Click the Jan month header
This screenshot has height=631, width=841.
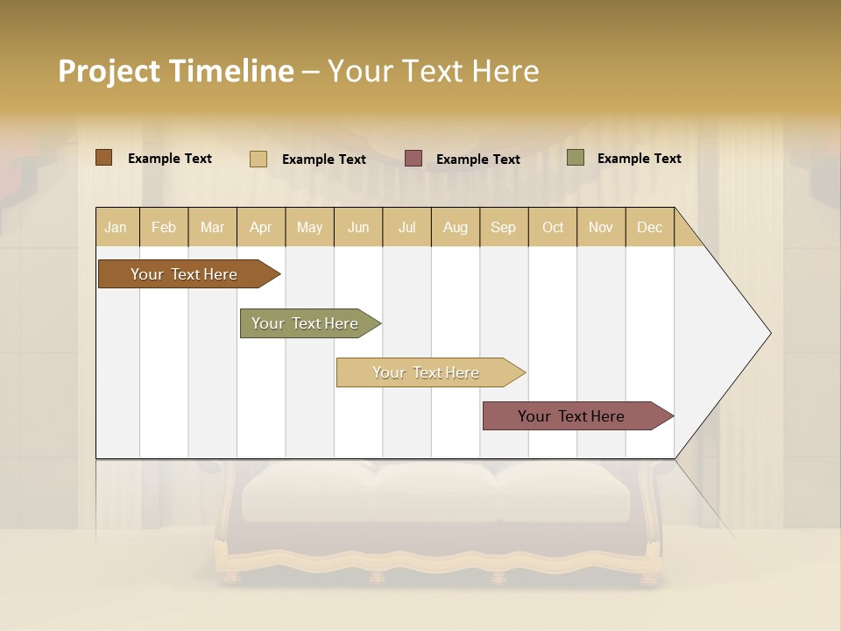pos(116,227)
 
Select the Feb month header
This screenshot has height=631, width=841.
pos(164,227)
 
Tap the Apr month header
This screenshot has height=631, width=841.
pos(260,227)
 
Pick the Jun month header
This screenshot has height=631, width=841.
pos(358,227)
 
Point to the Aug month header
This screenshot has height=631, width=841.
pos(455,227)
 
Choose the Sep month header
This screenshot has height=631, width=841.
pos(503,227)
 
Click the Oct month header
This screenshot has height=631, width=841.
pos(553,227)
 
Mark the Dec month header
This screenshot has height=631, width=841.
pos(649,227)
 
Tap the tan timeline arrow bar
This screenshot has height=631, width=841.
pos(427,372)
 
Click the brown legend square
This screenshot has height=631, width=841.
pos(103,158)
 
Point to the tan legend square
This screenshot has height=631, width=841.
pos(258,159)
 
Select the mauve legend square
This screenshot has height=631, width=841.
pos(413,159)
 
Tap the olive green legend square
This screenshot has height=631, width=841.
pos(576,158)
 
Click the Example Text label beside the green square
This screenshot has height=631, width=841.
pos(639,159)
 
